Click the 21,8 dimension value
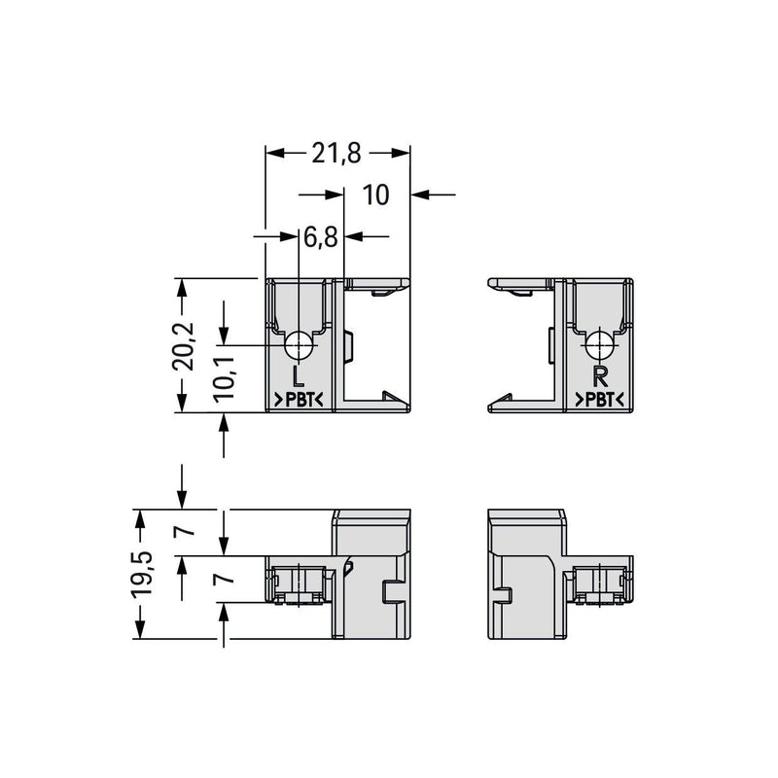[x=336, y=154]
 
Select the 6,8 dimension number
[x=321, y=237]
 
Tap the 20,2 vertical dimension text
[x=183, y=346]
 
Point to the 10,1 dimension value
[x=224, y=378]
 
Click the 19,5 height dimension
[x=142, y=574]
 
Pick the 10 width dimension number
[x=375, y=195]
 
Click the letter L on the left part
[x=298, y=376]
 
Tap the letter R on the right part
[x=600, y=376]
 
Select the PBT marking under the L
[x=300, y=400]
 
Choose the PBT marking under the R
[x=599, y=400]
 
